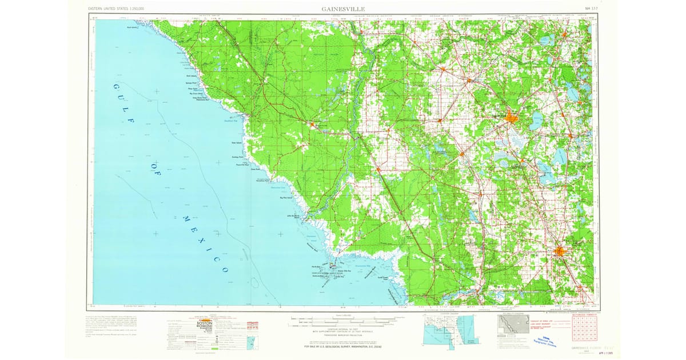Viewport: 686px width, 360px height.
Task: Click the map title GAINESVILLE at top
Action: pos(343,9)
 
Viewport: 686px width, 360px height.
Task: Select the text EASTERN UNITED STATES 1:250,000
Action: pos(116,9)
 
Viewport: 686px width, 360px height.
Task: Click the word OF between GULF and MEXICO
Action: pos(157,172)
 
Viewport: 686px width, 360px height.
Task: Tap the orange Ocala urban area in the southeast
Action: pos(560,251)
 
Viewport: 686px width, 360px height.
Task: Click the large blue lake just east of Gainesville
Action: pos(537,120)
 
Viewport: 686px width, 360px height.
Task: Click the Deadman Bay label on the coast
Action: pos(229,120)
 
